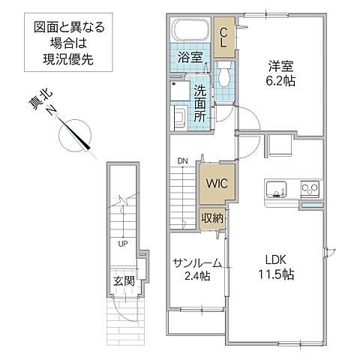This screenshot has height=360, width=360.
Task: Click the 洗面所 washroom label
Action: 199,103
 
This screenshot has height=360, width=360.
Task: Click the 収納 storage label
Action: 211,218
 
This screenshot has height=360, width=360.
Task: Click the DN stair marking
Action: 181,160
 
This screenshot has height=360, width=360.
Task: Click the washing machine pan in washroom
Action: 181,118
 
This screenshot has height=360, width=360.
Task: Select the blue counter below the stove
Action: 312,205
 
